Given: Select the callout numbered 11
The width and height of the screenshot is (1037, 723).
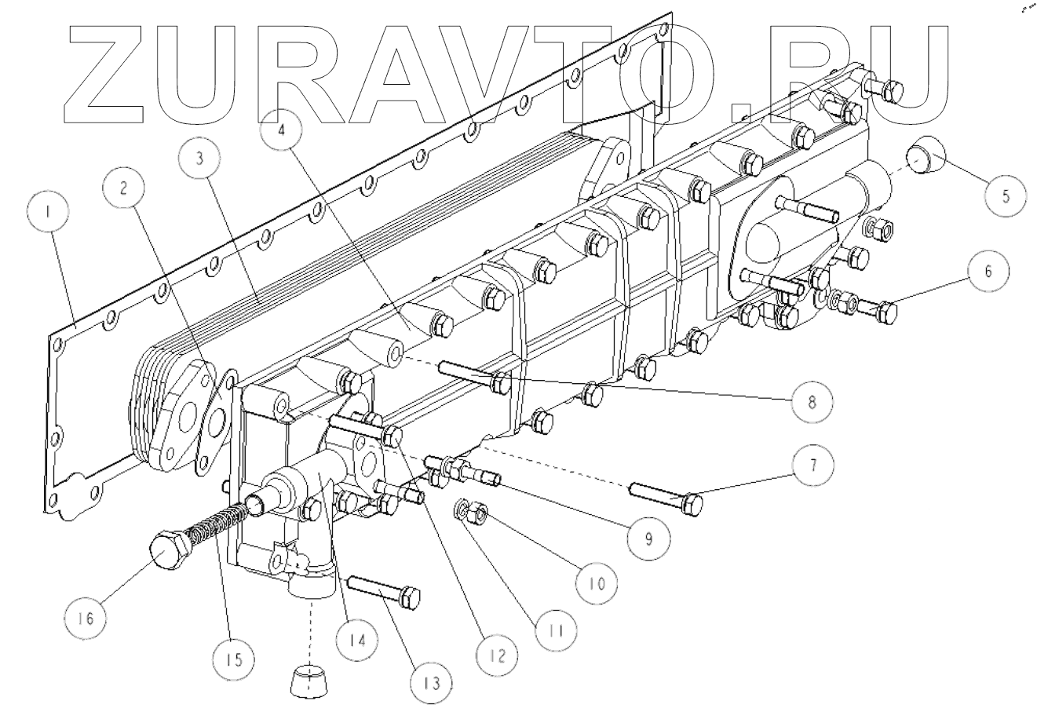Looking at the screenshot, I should point(553,629).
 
